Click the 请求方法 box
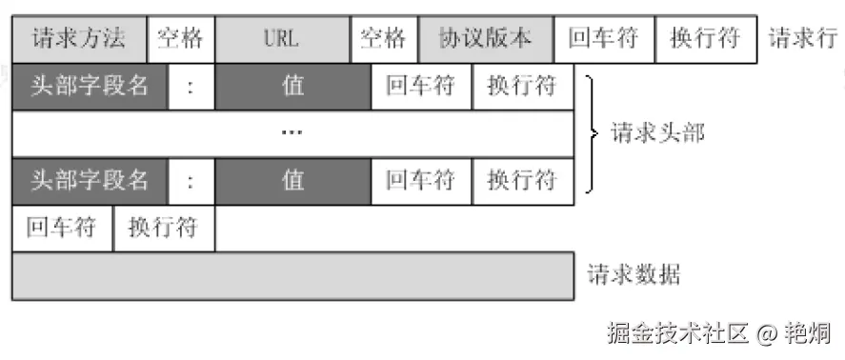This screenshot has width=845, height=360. (x=80, y=39)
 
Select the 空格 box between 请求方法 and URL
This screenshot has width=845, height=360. (x=181, y=39)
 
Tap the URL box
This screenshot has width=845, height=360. (x=282, y=39)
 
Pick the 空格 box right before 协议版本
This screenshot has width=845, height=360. (x=383, y=39)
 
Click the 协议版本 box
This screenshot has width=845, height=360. (x=484, y=39)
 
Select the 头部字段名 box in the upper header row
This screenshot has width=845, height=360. (x=90, y=87)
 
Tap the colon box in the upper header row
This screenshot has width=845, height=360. (x=191, y=87)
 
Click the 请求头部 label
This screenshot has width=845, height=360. (x=657, y=132)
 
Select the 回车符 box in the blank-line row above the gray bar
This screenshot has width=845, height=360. (x=62, y=229)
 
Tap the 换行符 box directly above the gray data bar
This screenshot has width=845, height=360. (x=163, y=229)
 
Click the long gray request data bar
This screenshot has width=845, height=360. (x=292, y=276)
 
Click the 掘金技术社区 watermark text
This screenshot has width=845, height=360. (x=678, y=333)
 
